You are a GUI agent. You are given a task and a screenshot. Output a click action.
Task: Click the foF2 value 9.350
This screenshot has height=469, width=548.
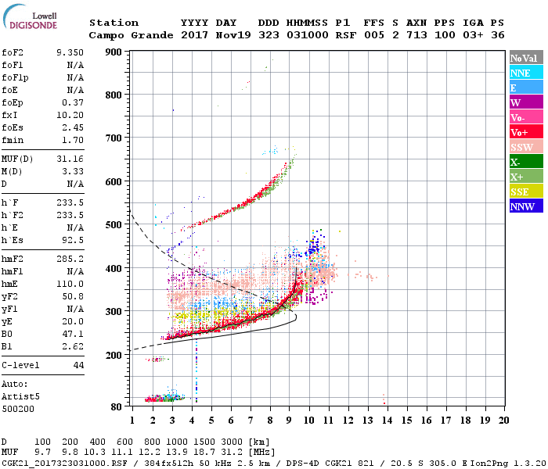pyautogui.click(x=70, y=52)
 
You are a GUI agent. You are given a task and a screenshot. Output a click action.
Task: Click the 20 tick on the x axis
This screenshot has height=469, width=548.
pyautogui.click(x=504, y=421)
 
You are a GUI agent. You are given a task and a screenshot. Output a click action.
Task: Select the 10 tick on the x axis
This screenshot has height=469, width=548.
pyautogui.click(x=309, y=421)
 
